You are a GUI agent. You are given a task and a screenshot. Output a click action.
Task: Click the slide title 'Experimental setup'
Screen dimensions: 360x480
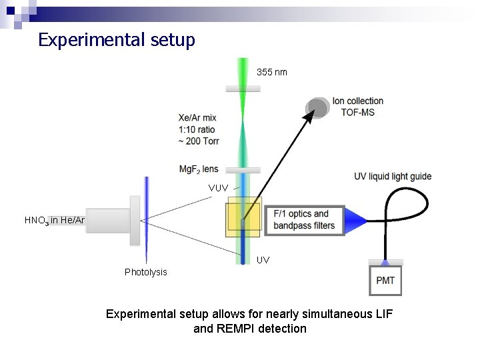117,40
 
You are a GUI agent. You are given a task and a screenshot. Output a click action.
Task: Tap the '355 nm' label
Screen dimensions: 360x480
272,72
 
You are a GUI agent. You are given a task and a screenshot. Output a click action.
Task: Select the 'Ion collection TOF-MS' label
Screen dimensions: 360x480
358,107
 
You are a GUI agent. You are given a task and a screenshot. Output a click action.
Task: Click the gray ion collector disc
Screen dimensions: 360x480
318,107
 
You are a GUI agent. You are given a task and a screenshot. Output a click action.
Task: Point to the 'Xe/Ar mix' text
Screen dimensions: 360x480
197,118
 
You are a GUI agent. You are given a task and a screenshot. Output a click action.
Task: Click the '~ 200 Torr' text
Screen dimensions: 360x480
199,141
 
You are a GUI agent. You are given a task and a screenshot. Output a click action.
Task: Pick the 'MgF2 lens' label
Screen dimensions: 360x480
198,169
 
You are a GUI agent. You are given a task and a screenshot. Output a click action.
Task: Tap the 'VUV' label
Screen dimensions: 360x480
218,188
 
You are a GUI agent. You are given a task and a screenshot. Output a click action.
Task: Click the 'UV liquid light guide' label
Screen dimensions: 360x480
393,177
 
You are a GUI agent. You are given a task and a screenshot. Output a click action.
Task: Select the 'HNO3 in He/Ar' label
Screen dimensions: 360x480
55,220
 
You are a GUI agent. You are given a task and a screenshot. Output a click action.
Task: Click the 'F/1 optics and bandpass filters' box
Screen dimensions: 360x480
304,220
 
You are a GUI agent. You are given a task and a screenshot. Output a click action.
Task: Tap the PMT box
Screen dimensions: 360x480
385,280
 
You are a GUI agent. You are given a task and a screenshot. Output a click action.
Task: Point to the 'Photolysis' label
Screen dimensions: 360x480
146,272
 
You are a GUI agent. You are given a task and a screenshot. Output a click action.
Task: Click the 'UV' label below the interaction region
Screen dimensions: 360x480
263,260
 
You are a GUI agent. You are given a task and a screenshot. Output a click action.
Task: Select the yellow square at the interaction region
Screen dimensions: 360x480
243,217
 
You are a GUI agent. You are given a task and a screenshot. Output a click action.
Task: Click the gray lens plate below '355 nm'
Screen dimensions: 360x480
243,88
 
